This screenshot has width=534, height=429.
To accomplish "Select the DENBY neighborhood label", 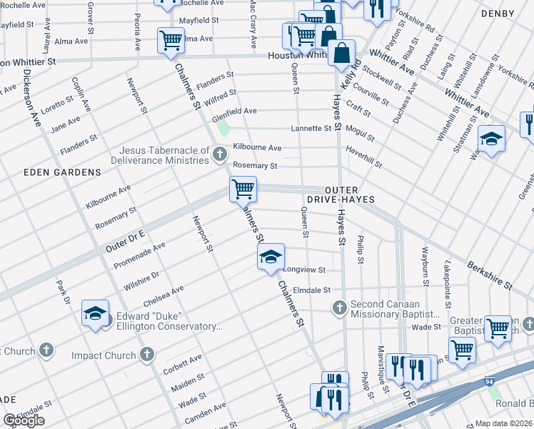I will point(517,14).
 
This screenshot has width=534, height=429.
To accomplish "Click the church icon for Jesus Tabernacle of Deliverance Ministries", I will point(220,153).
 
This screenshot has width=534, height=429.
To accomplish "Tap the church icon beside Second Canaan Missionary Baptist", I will point(340,307).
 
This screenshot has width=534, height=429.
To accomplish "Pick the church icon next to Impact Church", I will point(147,355).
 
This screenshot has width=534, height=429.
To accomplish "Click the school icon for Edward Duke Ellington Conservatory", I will point(95,314).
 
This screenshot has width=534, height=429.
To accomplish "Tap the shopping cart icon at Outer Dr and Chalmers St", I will point(243,189).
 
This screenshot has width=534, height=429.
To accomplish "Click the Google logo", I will point(24,420).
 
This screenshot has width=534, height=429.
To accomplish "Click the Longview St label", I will point(305,270).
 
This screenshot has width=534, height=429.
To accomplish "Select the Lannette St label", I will point(311,129).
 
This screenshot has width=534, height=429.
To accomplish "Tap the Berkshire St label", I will point(489,275).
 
